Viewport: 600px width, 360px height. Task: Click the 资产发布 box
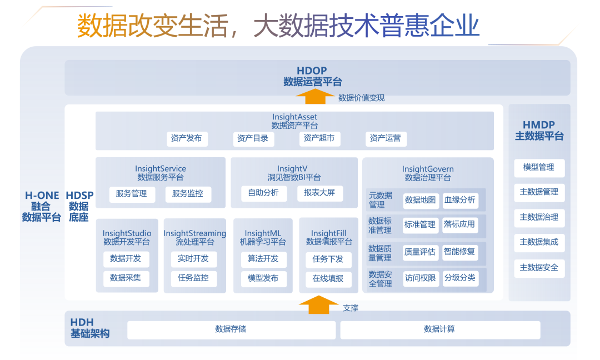click(x=187, y=138)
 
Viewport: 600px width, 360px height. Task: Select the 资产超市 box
click(x=319, y=138)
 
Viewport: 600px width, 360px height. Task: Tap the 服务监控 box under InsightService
click(x=188, y=194)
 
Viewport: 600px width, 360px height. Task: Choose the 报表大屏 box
click(x=319, y=193)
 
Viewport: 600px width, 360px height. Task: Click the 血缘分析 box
click(x=459, y=200)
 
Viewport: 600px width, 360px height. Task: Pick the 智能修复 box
click(x=459, y=252)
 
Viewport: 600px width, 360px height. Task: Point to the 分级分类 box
click(x=459, y=278)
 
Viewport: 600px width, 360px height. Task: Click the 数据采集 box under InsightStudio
click(x=126, y=278)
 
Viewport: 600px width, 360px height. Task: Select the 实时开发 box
click(x=193, y=258)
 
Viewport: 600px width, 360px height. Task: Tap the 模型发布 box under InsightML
click(x=263, y=278)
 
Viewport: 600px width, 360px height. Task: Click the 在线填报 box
click(x=328, y=278)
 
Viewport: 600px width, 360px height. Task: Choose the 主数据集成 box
click(x=539, y=242)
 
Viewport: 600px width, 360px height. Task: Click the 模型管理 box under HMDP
click(x=539, y=167)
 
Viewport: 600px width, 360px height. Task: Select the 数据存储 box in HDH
click(x=231, y=329)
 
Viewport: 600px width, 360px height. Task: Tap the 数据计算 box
click(x=440, y=329)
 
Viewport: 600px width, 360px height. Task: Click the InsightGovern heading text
click(x=428, y=169)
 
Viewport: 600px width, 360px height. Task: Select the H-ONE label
click(x=42, y=196)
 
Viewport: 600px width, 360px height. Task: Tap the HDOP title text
click(x=312, y=71)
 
